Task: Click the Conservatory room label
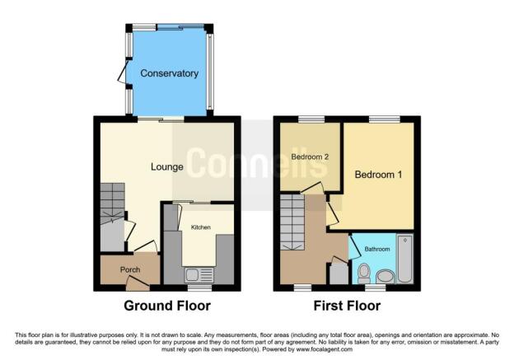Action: pos(169,73)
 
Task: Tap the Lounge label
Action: pos(167,167)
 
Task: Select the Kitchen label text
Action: pos(201,227)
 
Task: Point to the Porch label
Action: pos(130,270)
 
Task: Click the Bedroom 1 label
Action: pos(378,175)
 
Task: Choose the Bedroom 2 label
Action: pos(310,157)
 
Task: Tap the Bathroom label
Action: pos(377,249)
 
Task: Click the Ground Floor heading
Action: pos(167,306)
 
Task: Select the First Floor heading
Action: pos(347,306)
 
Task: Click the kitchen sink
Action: pos(199,275)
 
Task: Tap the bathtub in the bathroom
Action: pos(404,259)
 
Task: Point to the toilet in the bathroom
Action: pos(363,274)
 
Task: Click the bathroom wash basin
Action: pos(385,277)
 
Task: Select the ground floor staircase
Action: pos(112,203)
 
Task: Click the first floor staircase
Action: pos(292,222)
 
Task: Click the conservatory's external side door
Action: pos(124,72)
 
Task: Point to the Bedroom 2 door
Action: pos(312,188)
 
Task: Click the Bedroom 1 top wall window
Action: pos(384,119)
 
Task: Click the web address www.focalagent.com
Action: pos(325,349)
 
